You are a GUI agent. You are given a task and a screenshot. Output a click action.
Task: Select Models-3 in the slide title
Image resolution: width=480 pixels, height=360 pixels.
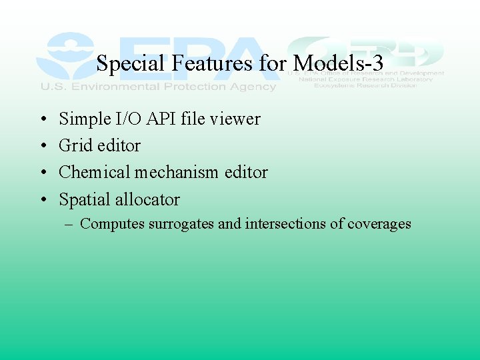(x=339, y=64)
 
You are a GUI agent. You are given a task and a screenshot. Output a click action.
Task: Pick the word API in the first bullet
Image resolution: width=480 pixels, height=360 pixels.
(x=157, y=119)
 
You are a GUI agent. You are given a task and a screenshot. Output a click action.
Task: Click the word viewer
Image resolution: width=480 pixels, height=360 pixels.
(x=235, y=119)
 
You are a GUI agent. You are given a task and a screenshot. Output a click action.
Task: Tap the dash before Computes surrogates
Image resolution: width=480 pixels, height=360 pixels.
(x=69, y=225)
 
